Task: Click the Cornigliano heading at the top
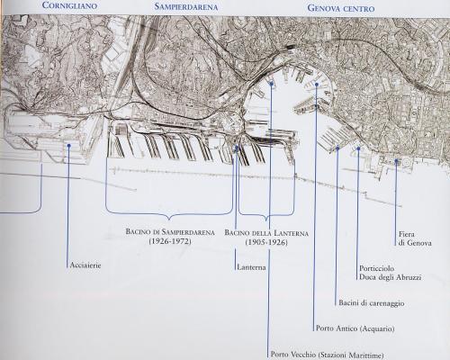[69, 5]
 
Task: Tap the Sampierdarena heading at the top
[186, 6]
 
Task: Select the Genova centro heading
[341, 8]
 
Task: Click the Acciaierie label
[85, 265]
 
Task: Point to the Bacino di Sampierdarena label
[170, 232]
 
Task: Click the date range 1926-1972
[170, 241]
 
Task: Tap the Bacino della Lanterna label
[266, 233]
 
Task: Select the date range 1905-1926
[266, 242]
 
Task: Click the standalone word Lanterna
[251, 267]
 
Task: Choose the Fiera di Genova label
[415, 238]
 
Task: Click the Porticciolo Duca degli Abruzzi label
[390, 273]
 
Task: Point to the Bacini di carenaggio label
[372, 303]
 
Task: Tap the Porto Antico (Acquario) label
[355, 328]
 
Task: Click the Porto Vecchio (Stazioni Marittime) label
[327, 355]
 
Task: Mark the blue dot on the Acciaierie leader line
[69, 146]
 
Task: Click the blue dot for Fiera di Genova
[396, 161]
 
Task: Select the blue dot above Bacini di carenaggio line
[337, 148]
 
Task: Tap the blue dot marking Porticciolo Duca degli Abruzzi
[358, 148]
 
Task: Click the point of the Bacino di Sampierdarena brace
[169, 220]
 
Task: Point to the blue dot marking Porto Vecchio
[272, 84]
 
